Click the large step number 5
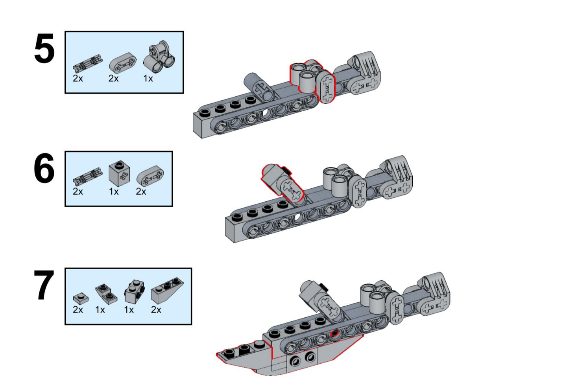tap(44, 48)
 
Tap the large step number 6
tap(44, 168)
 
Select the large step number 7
tap(44, 285)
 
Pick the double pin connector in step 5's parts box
tap(159, 57)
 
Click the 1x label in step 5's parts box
tap(148, 79)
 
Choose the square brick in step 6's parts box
tap(119, 174)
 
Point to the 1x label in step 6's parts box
tap(114, 191)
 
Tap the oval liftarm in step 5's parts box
tap(123, 63)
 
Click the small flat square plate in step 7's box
tap(81, 299)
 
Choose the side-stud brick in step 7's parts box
tap(135, 292)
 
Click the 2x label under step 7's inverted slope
tap(156, 310)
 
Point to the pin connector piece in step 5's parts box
tap(88, 64)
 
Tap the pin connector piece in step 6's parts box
tap(88, 177)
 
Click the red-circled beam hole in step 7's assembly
tap(335, 334)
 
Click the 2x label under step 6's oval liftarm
tap(141, 191)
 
